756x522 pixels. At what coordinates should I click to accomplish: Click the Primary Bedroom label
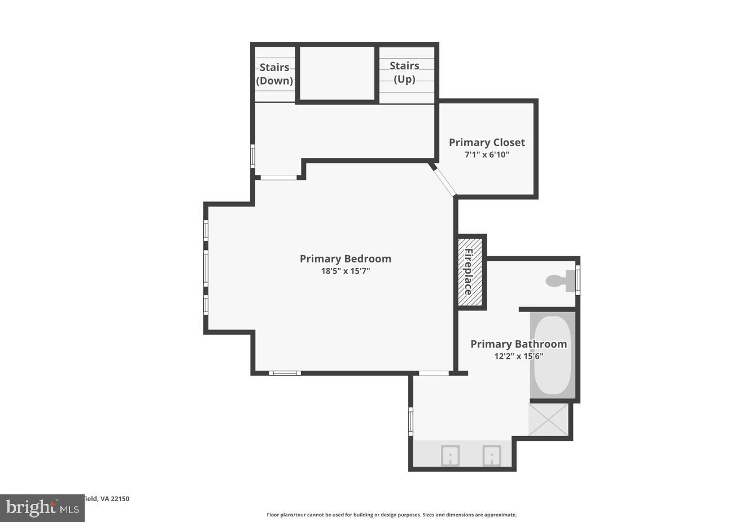pos(345,258)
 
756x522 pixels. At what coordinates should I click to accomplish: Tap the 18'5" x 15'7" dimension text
pos(345,271)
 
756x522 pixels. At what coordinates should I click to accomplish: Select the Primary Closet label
pos(487,142)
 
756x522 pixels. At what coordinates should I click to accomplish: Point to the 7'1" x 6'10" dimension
pos(487,154)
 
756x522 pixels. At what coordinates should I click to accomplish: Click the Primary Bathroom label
pos(518,344)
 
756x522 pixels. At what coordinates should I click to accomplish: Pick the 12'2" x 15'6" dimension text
pos(518,356)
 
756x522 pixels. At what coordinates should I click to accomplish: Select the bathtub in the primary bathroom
pos(552,355)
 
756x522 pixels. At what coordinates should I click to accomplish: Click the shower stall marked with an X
pos(548,419)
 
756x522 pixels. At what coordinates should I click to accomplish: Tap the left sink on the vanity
pos(450,455)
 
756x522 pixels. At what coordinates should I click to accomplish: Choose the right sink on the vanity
pos(492,455)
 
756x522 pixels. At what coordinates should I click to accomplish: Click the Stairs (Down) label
pos(275,74)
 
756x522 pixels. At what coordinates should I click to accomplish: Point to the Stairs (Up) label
pos(404,72)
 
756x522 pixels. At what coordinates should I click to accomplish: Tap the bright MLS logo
pos(42,508)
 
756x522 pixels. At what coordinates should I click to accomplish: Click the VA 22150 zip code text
pos(115,498)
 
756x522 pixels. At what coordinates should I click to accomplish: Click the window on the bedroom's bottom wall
pos(285,373)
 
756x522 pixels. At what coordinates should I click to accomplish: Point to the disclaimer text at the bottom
pos(391,515)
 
